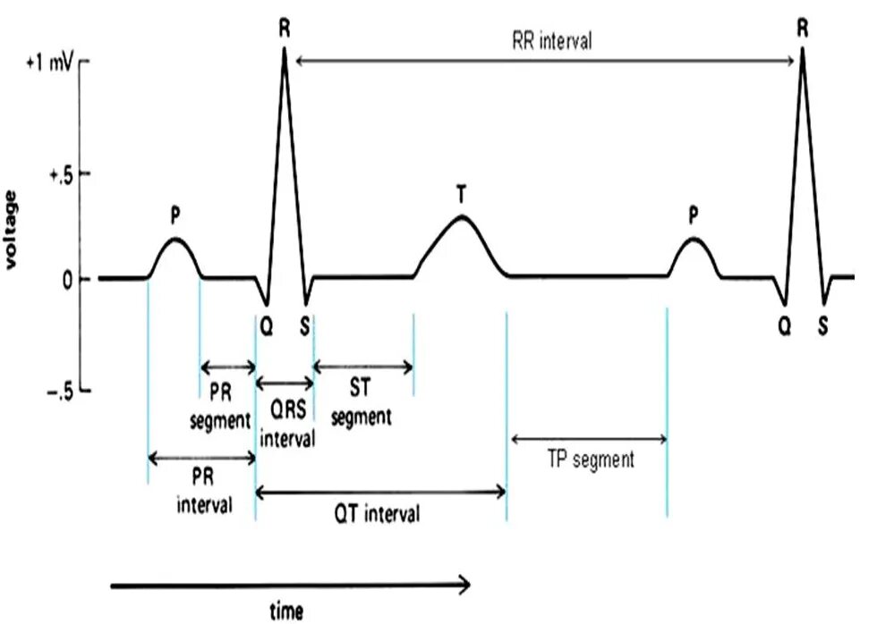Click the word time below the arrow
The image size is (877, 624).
tap(286, 611)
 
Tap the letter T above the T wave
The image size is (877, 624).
tap(461, 193)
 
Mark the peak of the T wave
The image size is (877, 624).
tap(461, 216)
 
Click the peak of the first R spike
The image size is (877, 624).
tap(285, 48)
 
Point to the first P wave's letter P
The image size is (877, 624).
tap(175, 215)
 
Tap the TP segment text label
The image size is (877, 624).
tap(590, 461)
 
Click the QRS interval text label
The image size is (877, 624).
tap(286, 421)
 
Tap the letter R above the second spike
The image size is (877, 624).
tap(803, 28)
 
